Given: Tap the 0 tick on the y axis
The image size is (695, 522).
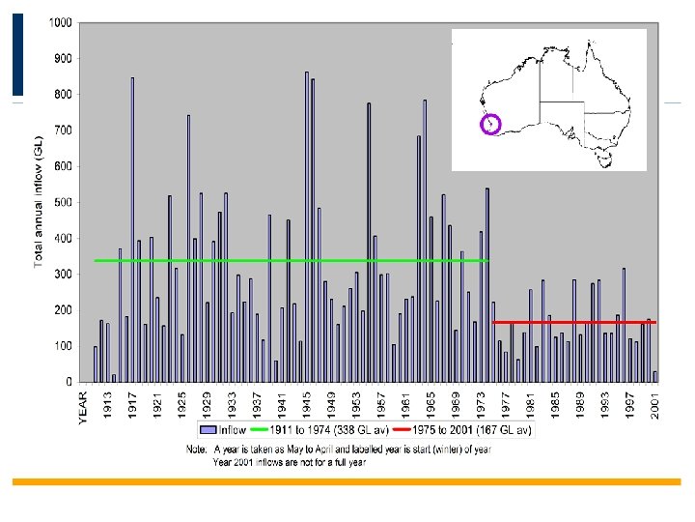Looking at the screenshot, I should pos(69,382).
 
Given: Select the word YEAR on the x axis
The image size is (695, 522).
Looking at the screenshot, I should pos(83,406).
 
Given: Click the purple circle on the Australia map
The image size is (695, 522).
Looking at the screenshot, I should pos(490,124).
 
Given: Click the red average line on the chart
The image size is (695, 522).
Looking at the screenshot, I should pos(574,322).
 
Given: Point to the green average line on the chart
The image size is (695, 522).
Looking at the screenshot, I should pos(290,261).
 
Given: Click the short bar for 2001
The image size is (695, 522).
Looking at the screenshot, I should pos(655,376).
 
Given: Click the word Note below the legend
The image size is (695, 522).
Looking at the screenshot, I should pos(198,449).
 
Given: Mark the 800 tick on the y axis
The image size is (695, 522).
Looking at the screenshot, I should pos(62,94).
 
